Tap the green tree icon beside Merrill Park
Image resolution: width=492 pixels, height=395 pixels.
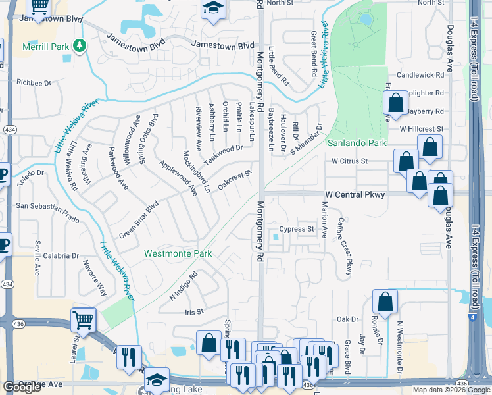click(x=80, y=45)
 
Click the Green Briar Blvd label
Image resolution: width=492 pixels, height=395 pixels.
click(x=139, y=219)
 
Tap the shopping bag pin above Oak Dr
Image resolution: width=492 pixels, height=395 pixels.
click(x=385, y=302)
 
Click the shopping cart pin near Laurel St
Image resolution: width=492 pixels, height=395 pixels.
click(x=84, y=321)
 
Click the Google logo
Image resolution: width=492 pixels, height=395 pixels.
click(x=22, y=387)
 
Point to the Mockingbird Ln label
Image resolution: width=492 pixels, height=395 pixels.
click(x=197, y=172)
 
